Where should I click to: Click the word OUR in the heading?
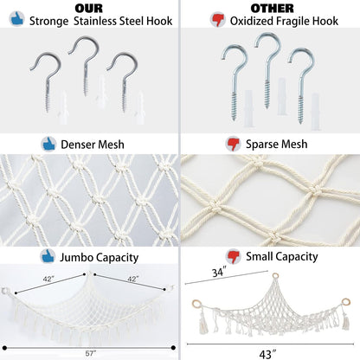(x=89, y=9)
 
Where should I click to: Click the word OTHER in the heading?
(x=272, y=9)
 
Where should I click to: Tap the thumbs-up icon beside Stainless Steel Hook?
(x=16, y=19)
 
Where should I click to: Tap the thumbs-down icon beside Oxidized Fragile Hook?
(x=218, y=19)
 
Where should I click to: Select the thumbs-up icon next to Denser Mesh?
(x=48, y=144)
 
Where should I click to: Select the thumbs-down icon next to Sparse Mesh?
(x=233, y=144)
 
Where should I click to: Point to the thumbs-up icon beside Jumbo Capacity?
(x=48, y=256)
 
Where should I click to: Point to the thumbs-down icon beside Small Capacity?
(x=233, y=256)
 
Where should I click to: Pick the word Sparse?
(x=261, y=145)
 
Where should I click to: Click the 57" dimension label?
(x=91, y=353)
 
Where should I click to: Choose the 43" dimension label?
(x=267, y=355)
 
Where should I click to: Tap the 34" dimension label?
(x=219, y=273)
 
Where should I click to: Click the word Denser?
(x=78, y=145)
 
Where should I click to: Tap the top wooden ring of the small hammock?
(x=275, y=276)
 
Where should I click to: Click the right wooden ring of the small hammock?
(x=345, y=302)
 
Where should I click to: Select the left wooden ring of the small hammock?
(x=196, y=304)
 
